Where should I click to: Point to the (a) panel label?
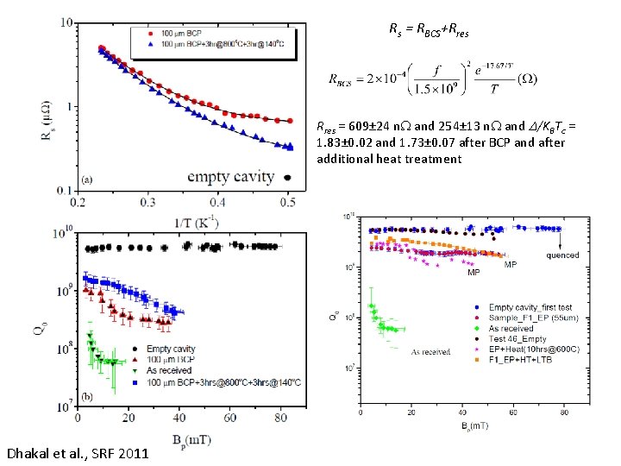click(86, 180)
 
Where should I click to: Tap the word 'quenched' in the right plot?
click(562, 255)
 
